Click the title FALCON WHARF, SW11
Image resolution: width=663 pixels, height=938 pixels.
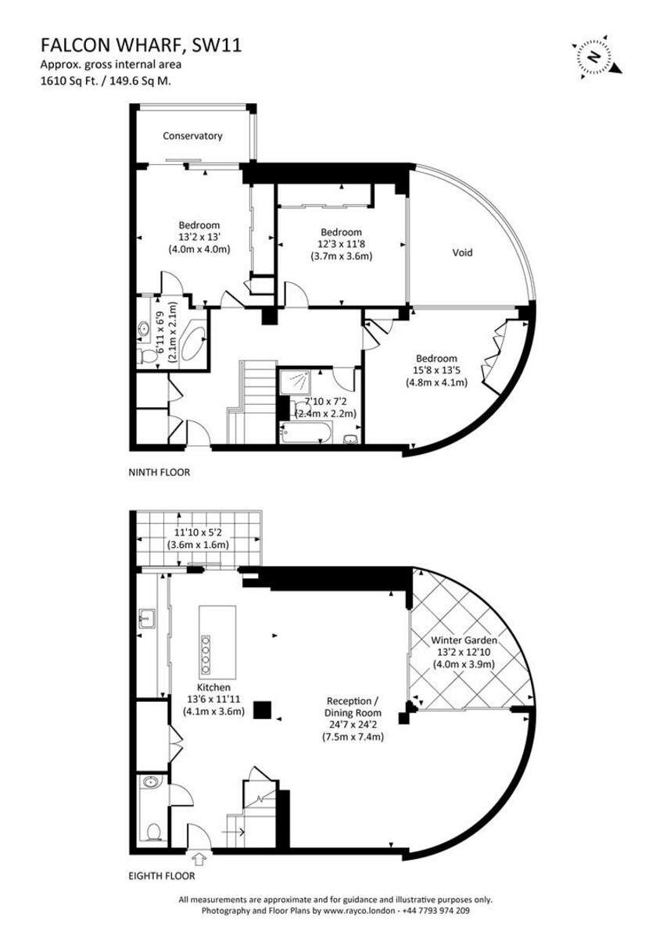tap(141, 45)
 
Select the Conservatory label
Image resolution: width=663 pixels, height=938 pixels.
tap(192, 136)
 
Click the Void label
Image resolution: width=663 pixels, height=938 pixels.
tap(462, 252)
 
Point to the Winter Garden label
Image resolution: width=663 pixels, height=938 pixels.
tap(464, 640)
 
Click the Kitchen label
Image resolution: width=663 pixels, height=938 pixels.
tap(213, 687)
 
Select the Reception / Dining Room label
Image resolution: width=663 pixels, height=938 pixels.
tap(353, 713)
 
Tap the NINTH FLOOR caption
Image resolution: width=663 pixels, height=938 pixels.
tap(159, 472)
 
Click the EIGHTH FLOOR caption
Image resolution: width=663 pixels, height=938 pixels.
tap(162, 877)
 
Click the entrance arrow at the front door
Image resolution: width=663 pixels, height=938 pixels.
tap(198, 859)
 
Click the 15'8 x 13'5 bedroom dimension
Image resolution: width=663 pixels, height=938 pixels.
tap(435, 371)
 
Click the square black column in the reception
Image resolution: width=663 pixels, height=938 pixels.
tap(264, 709)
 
